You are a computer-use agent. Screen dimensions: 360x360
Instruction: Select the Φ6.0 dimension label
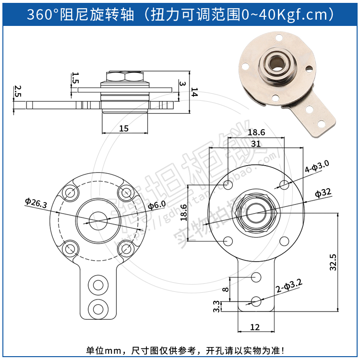(x=156, y=205)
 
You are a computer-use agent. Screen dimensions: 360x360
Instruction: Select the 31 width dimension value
(x=255, y=143)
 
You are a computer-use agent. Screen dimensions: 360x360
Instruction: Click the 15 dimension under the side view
(x=124, y=128)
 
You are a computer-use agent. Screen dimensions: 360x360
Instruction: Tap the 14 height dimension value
(x=193, y=93)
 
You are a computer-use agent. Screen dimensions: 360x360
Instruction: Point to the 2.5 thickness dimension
(x=17, y=91)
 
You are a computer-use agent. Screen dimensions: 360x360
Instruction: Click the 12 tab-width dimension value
(x=255, y=327)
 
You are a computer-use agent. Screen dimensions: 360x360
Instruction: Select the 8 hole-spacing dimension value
(x=226, y=289)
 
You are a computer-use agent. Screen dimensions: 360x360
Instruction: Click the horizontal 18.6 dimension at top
(x=256, y=132)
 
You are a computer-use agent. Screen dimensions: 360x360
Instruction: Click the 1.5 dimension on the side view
(x=75, y=78)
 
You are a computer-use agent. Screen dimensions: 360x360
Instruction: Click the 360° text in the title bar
(x=42, y=14)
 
